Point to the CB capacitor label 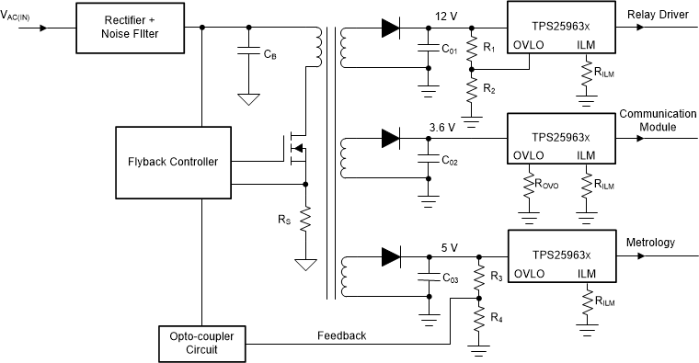coord(268,56)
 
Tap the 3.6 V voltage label coord(441,128)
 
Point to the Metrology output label coord(651,243)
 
